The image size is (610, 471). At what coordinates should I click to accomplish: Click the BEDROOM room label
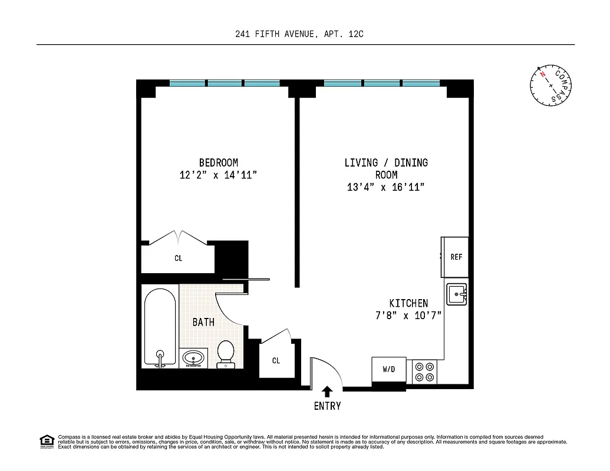pyautogui.click(x=218, y=162)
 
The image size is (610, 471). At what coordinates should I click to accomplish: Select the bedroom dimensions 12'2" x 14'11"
pyautogui.click(x=218, y=175)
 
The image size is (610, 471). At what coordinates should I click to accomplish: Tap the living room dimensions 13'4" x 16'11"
pyautogui.click(x=386, y=187)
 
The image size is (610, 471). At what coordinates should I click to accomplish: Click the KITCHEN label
pyautogui.click(x=408, y=303)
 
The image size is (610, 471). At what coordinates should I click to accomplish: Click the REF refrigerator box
pyautogui.click(x=456, y=257)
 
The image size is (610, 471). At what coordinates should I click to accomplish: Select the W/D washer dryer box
pyautogui.click(x=388, y=370)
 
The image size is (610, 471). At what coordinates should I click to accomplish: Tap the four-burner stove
pyautogui.click(x=424, y=371)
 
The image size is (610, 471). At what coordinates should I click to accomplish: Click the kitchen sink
pyautogui.click(x=456, y=294)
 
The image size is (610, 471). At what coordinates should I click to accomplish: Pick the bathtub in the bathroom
pyautogui.click(x=160, y=327)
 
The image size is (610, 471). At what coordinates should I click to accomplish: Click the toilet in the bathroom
pyautogui.click(x=226, y=353)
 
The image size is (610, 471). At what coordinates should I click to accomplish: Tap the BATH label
pyautogui.click(x=203, y=322)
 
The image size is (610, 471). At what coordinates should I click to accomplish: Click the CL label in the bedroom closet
pyautogui.click(x=178, y=258)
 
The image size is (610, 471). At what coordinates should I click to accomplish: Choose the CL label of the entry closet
pyautogui.click(x=276, y=360)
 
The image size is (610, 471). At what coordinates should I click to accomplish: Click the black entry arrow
pyautogui.click(x=327, y=390)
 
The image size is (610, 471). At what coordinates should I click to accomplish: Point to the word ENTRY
pyautogui.click(x=327, y=406)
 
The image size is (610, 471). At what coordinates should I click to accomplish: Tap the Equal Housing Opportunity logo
pyautogui.click(x=47, y=440)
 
